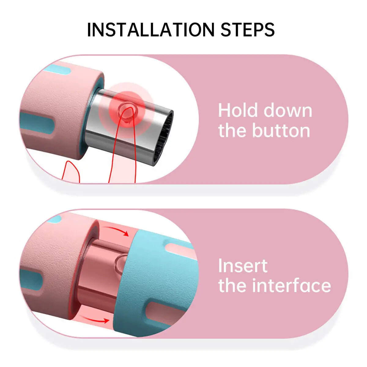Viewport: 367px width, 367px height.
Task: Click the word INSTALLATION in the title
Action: (x=151, y=30)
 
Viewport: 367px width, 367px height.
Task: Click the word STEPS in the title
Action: (x=248, y=30)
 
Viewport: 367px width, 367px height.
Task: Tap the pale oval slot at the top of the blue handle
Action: (x=179, y=249)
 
